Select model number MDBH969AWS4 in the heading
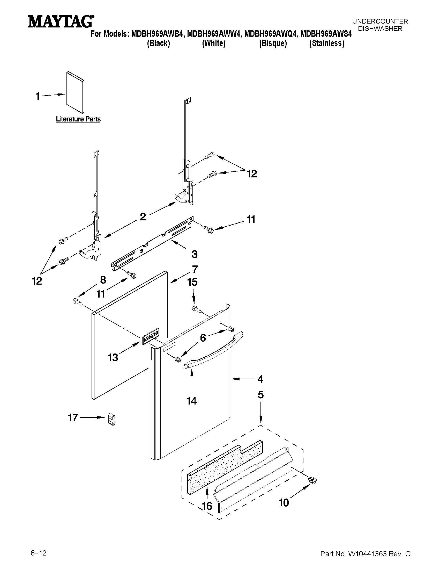pyautogui.click(x=326, y=34)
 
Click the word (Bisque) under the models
pyautogui.click(x=273, y=43)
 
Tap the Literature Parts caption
pyautogui.click(x=78, y=119)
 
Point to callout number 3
pyautogui.click(x=195, y=254)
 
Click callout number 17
pyautogui.click(x=73, y=418)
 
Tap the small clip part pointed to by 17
pyautogui.click(x=111, y=420)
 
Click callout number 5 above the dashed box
pyautogui.click(x=261, y=395)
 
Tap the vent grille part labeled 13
pyautogui.click(x=151, y=337)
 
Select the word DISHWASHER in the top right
pyautogui.click(x=380, y=29)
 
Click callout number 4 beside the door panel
pyautogui.click(x=260, y=379)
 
